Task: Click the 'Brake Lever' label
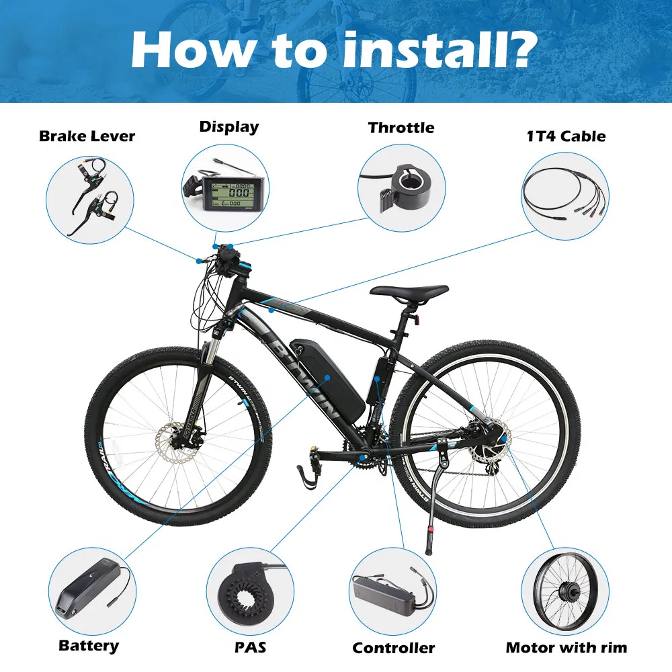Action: point(87,136)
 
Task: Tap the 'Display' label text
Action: point(229,127)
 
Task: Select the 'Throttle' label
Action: point(401,128)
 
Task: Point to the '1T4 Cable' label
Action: point(566,136)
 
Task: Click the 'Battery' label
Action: point(89,646)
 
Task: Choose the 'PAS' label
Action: point(250,647)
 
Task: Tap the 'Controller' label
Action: point(393,648)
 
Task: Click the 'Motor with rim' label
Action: point(566,647)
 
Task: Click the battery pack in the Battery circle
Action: point(87,587)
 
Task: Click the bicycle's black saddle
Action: point(409,292)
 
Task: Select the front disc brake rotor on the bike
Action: point(175,443)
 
